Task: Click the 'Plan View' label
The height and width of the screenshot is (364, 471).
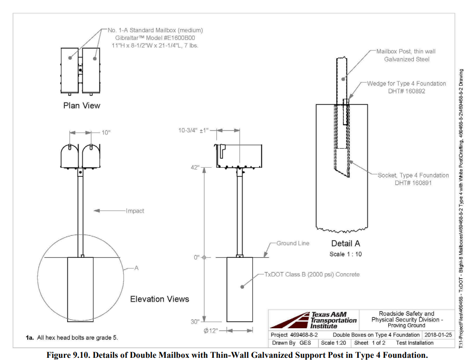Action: (82, 105)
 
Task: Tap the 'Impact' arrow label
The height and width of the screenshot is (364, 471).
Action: (135, 210)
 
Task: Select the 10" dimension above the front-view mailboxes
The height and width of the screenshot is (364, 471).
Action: (105, 132)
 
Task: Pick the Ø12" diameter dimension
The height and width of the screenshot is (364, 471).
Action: (210, 331)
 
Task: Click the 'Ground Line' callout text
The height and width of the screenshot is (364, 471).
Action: (293, 243)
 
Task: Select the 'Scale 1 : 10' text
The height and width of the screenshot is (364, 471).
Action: (345, 254)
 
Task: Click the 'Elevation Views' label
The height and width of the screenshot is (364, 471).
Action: (159, 299)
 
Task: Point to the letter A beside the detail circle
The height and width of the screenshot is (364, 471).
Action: (136, 268)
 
